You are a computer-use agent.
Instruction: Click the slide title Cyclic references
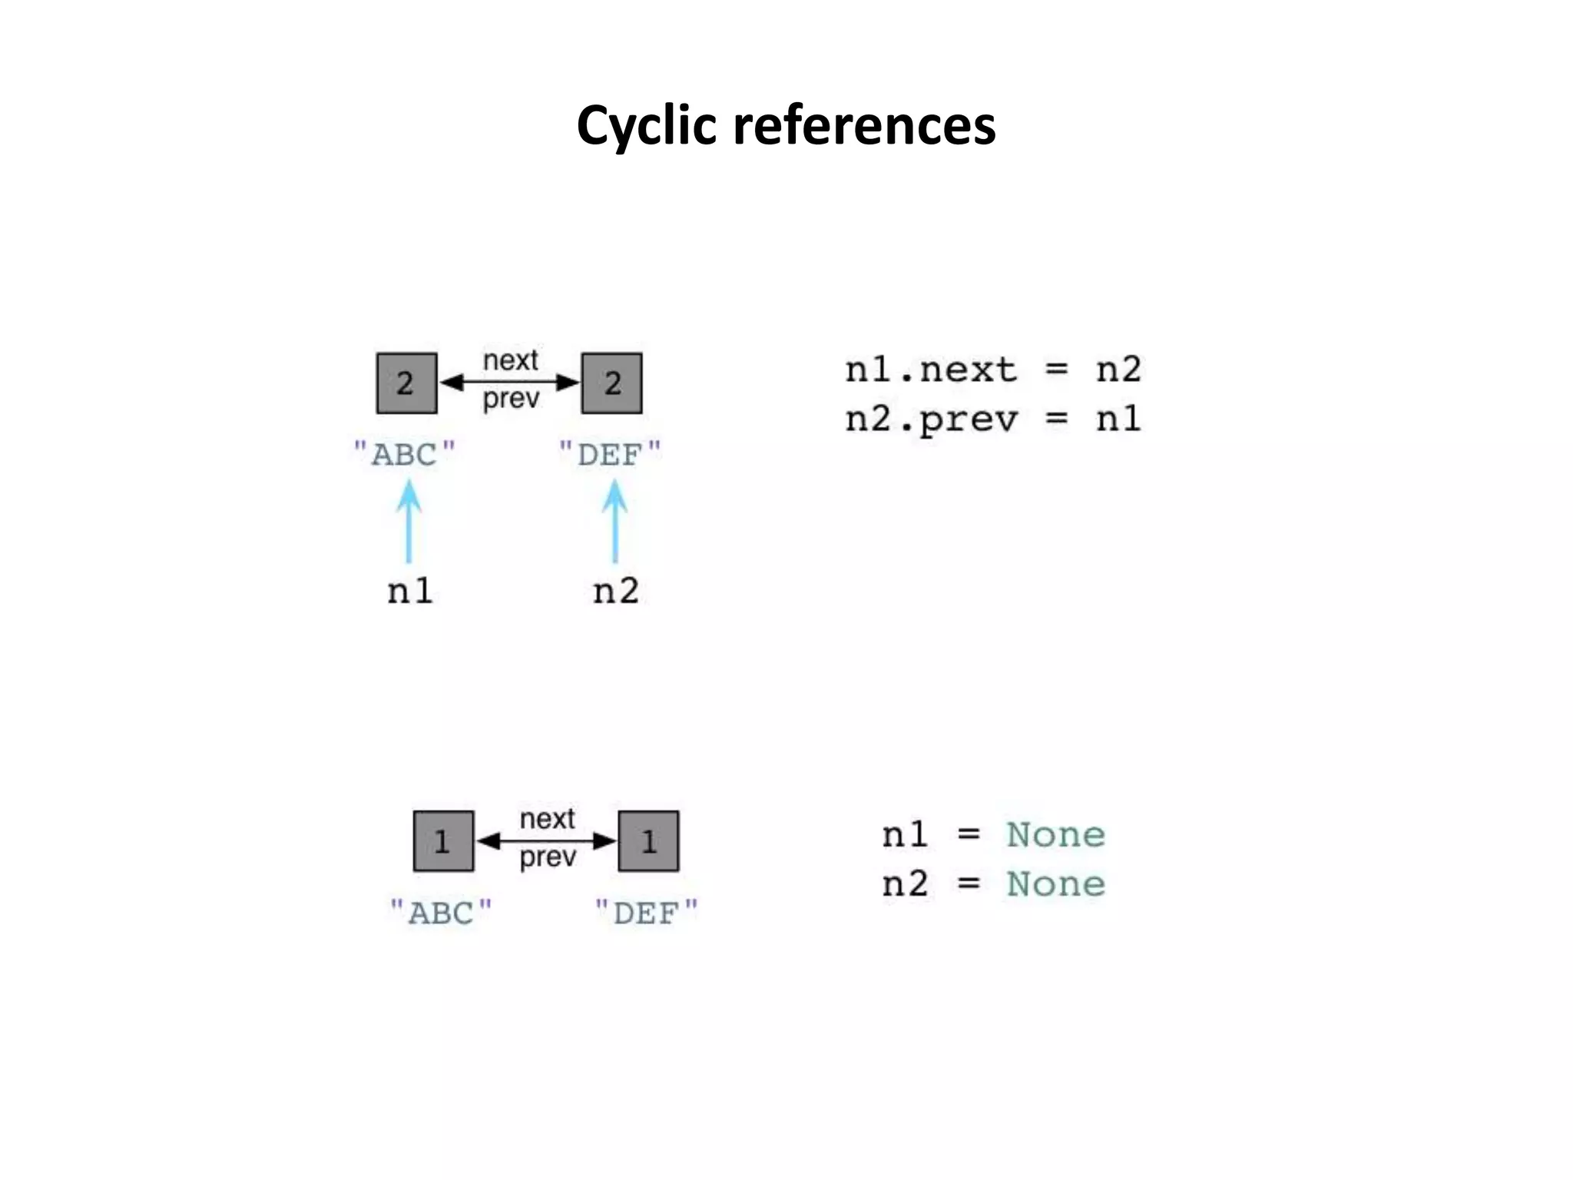click(786, 125)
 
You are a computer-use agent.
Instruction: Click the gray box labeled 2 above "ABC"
click(406, 383)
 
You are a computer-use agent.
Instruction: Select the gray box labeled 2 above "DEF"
click(611, 383)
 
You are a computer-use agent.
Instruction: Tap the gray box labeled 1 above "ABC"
click(443, 840)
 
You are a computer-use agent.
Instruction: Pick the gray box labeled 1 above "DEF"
click(648, 840)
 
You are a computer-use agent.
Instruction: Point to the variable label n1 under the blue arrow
click(409, 591)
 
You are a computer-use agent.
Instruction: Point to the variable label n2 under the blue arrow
click(615, 591)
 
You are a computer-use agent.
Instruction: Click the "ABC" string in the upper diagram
click(404, 454)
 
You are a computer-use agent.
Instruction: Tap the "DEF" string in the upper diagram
click(610, 454)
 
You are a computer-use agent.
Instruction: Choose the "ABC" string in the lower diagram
click(441, 913)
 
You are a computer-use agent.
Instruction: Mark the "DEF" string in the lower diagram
click(647, 913)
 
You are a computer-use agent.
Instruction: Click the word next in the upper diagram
click(510, 360)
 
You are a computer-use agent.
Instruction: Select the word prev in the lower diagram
click(547, 857)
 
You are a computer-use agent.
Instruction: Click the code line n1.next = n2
click(992, 370)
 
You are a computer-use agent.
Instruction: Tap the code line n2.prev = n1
click(992, 419)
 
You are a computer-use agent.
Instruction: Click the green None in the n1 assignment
click(1055, 835)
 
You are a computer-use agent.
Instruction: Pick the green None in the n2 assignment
click(1055, 884)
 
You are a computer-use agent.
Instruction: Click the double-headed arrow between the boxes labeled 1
click(546, 840)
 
